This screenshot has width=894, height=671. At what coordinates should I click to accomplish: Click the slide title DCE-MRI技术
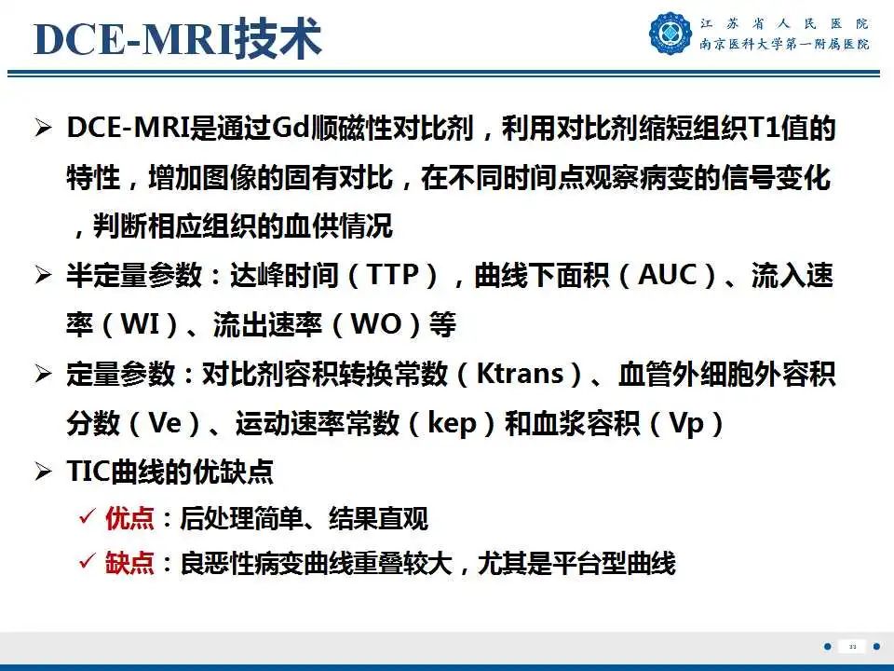[178, 39]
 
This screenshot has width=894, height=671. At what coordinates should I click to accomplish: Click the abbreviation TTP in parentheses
[394, 274]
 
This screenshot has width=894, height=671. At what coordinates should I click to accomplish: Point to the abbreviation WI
[141, 324]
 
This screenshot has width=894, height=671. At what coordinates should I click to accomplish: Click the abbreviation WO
[376, 324]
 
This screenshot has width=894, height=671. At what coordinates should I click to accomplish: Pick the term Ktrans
[520, 374]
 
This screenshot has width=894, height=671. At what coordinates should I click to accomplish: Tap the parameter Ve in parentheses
[165, 423]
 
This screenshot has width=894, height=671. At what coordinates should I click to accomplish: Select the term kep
[452, 424]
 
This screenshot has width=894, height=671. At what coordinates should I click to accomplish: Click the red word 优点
[129, 518]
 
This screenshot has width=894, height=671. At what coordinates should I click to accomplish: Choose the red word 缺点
[129, 563]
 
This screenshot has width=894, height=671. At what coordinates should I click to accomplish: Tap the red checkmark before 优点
[88, 517]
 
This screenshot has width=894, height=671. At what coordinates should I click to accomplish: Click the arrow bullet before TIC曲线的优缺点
[44, 472]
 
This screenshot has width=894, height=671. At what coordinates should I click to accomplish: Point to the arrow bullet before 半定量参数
[44, 275]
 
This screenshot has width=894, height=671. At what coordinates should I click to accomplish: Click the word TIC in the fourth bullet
[88, 472]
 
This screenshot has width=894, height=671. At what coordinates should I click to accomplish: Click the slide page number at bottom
[852, 647]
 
